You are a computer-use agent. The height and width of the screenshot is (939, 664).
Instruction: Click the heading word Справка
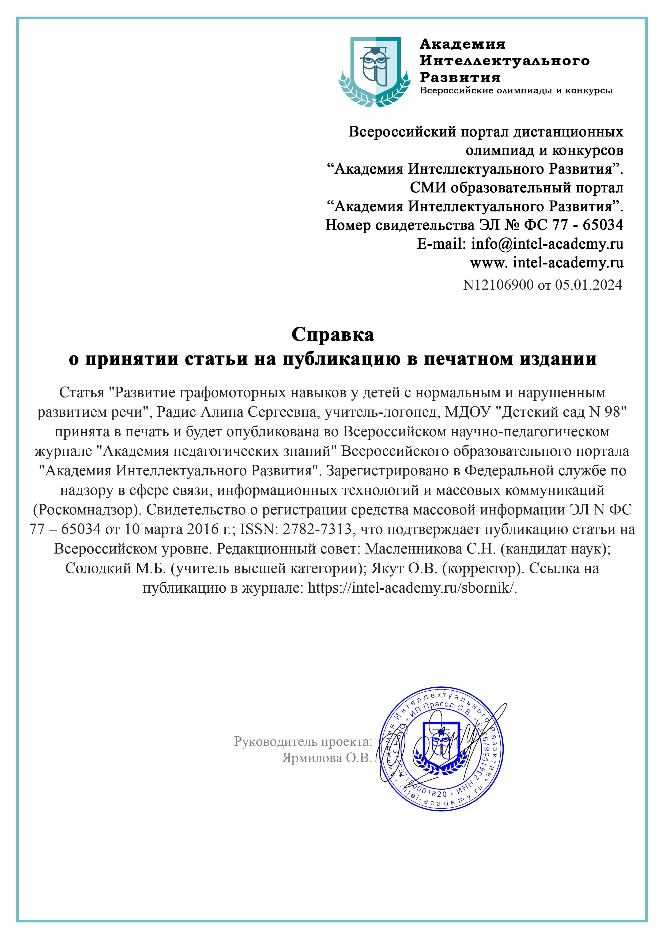332,335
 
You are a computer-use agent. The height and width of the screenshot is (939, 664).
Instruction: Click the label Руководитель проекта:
303,741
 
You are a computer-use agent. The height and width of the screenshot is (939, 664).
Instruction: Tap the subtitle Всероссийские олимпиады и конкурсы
516,90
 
